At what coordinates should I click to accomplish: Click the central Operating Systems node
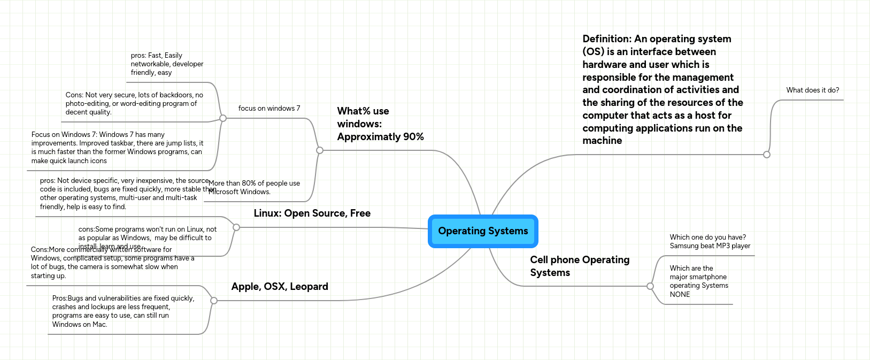pos(483,231)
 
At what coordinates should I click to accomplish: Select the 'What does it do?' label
pos(812,90)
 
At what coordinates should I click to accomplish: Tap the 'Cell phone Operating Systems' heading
pos(580,266)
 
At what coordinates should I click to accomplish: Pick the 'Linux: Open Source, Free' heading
pos(312,213)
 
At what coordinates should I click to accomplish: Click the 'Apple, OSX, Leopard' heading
pos(280,287)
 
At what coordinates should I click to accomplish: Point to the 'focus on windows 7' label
pos(269,109)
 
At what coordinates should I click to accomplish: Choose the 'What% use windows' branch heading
pos(380,124)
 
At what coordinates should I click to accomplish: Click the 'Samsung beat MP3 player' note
pos(710,246)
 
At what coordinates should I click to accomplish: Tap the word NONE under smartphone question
pos(680,295)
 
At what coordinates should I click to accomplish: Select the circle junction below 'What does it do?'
pos(767,155)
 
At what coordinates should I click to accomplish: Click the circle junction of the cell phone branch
pos(650,286)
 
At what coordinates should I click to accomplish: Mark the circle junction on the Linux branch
pos(236,227)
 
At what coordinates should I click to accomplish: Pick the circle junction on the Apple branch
pos(214,301)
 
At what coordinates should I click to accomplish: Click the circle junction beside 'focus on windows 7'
pos(224,118)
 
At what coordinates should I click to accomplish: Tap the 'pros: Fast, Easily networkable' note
pos(167,64)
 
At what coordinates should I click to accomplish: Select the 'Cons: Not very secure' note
pos(134,104)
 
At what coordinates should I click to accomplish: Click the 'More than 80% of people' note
pos(255,188)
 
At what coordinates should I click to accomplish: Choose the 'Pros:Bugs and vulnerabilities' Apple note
pos(123,311)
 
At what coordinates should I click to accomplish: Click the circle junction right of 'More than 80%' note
pos(320,150)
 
